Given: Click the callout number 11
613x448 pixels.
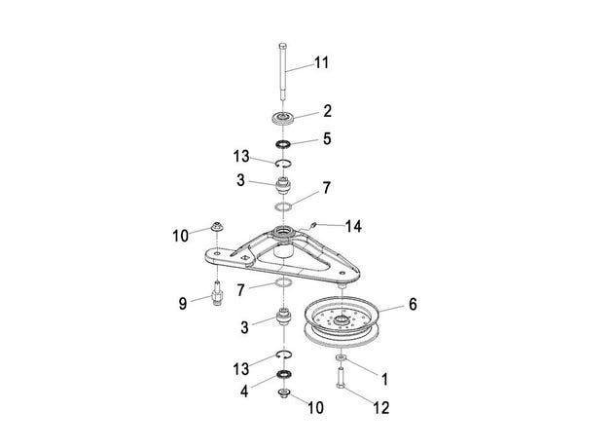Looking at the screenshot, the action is (322, 62).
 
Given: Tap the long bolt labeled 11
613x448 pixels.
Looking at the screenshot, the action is (283, 72).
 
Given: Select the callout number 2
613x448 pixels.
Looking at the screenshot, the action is (327, 111).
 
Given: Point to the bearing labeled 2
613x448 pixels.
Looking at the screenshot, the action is (283, 118).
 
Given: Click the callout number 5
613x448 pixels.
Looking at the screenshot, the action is (327, 139).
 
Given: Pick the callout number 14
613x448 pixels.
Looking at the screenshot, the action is (353, 227).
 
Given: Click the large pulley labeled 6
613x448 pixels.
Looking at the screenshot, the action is (342, 321).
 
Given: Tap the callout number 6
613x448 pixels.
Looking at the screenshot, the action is (413, 305).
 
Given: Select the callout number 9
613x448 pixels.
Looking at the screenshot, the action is (183, 304).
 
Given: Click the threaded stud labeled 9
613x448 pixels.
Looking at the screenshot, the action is (217, 293).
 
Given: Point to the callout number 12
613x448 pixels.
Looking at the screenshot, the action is (381, 408).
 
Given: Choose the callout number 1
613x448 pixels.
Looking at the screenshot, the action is (385, 379).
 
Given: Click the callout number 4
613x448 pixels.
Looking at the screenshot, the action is (244, 392).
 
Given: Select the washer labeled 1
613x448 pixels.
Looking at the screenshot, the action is (341, 357).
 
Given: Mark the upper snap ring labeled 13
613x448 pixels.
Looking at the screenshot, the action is (283, 164).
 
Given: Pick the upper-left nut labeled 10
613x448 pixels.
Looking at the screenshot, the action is (217, 227).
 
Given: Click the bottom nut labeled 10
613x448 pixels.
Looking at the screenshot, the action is (283, 393).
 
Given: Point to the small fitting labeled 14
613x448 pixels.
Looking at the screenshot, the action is (311, 225).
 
